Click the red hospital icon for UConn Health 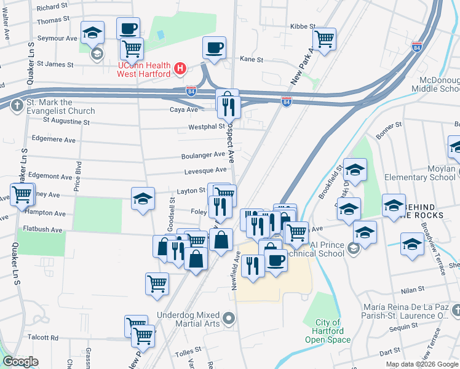click(180, 68)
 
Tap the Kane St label click(251, 60)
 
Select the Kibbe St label click(303, 27)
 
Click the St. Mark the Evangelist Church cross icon click(16, 105)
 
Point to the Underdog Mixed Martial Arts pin click(229, 319)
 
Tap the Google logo click(20, 362)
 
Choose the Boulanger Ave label click(202, 156)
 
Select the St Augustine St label click(61, 122)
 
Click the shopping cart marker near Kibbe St click(324, 39)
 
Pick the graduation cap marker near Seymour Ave click(93, 32)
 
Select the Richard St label click(52, 7)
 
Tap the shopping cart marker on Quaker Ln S click(22, 194)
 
